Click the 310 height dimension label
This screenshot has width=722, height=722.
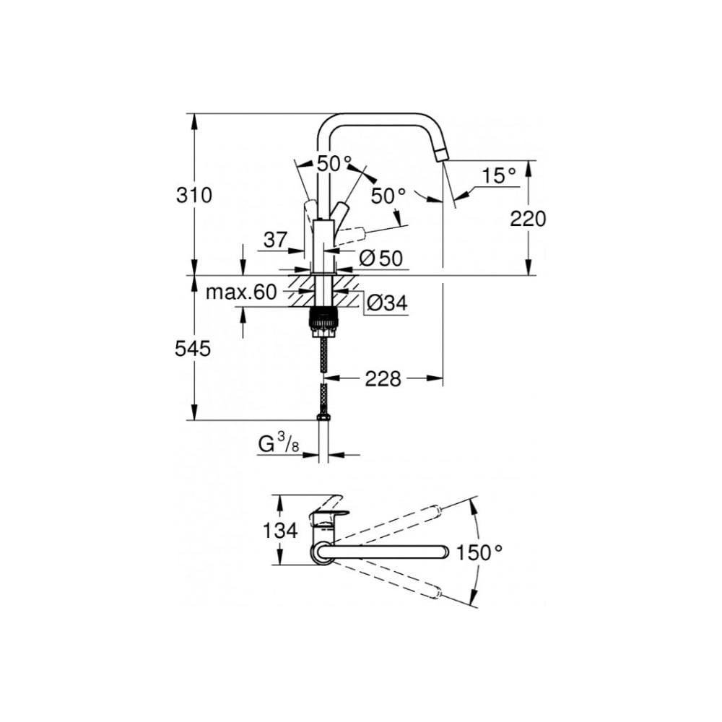point(193,195)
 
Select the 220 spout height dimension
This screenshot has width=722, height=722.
point(528,219)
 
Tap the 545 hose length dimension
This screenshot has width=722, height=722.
point(193,349)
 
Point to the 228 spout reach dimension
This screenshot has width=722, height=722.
point(383,379)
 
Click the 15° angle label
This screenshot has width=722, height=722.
point(499,175)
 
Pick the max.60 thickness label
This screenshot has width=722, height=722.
point(241,292)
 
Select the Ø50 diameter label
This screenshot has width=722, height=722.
point(380,258)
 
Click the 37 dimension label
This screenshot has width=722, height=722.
point(275,240)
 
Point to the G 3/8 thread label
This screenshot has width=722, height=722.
point(279,445)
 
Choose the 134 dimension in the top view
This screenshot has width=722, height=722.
point(280,531)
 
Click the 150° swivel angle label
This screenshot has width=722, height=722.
point(479,552)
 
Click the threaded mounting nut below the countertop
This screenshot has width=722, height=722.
point(323,321)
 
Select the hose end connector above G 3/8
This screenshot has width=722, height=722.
point(323,417)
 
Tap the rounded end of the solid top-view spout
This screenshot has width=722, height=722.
point(443,552)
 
